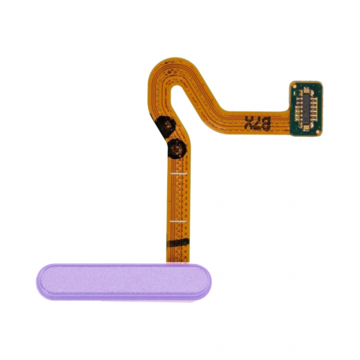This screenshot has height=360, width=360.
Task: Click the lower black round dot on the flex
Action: pos(177,148)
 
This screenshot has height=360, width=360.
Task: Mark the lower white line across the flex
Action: pos(179,218)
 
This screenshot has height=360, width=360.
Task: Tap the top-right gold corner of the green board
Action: pos(323,84)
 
